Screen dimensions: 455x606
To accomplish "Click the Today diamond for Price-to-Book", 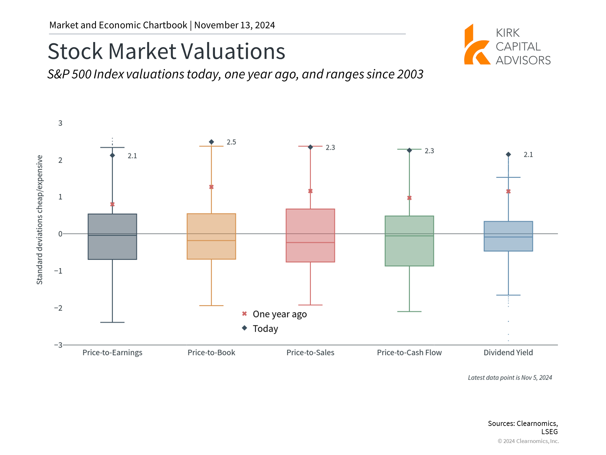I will [x=211, y=142].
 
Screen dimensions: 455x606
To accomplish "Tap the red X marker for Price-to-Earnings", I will [x=112, y=204].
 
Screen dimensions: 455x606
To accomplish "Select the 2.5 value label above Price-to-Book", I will [x=231, y=142].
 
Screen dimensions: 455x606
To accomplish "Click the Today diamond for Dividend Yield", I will [x=508, y=155].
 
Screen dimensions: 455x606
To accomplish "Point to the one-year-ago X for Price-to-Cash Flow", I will [x=409, y=198].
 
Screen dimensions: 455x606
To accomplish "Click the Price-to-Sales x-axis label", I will [x=310, y=353].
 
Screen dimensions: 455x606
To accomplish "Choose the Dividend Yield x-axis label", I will [x=508, y=353].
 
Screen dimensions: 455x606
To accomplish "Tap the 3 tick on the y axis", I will [x=60, y=123].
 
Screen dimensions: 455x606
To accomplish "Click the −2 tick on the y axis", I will [x=58, y=308].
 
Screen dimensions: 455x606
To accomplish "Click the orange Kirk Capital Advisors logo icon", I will [x=477, y=46].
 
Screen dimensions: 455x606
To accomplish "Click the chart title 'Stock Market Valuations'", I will [x=166, y=51].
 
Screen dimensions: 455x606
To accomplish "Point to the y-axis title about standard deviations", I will [x=39, y=220].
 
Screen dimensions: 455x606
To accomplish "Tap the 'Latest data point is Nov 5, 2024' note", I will [x=510, y=378].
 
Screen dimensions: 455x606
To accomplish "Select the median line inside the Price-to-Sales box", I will [x=310, y=242].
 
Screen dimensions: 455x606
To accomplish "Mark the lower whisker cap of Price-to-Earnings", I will [x=112, y=322].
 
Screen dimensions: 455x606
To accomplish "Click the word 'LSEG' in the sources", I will [x=550, y=432].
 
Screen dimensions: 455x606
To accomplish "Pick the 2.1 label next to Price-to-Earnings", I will [x=132, y=156].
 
